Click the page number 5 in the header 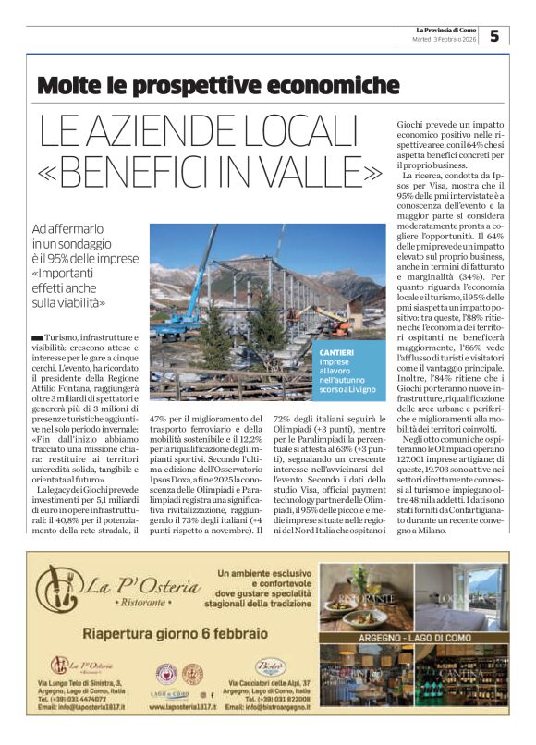[x=494, y=35]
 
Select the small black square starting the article [x=36, y=339]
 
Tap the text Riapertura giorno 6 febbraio [x=176, y=633]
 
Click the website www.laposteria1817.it [x=182, y=707]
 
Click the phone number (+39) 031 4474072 [x=80, y=699]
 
